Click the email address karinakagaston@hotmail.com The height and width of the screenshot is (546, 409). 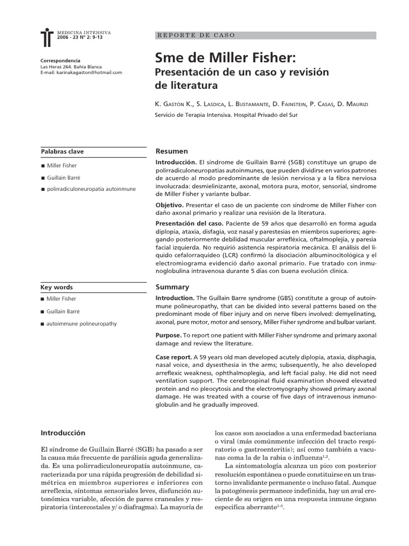click(81, 73)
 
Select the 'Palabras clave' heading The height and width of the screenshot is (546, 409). click(62, 151)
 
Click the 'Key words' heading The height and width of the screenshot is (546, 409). click(56, 287)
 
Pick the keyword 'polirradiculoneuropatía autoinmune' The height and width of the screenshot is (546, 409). click(91, 189)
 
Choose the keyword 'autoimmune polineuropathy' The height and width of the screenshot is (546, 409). click(81, 324)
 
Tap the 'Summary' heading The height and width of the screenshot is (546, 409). click(169, 287)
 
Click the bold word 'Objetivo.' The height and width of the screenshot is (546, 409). click(169, 205)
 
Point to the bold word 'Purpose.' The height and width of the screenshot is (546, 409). click(168, 335)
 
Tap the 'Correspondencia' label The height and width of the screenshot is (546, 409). click(60, 60)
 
